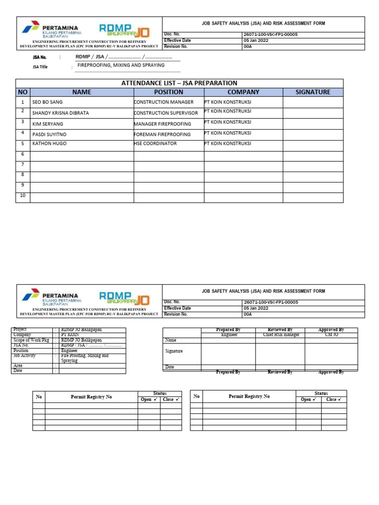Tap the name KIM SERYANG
pos(47,123)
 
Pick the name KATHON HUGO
pos(49,144)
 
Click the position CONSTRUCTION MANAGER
pos(164,102)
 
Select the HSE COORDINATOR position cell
pos(155,144)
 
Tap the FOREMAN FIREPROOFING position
pos(162,134)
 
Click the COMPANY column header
pos(243,92)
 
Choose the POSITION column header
pos(168,92)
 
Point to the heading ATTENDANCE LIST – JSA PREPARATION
pos(179,83)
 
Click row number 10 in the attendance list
pos(22,196)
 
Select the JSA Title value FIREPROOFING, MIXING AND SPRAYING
pos(120,65)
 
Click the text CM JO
pos(331,334)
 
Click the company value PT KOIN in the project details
pos(70,334)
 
